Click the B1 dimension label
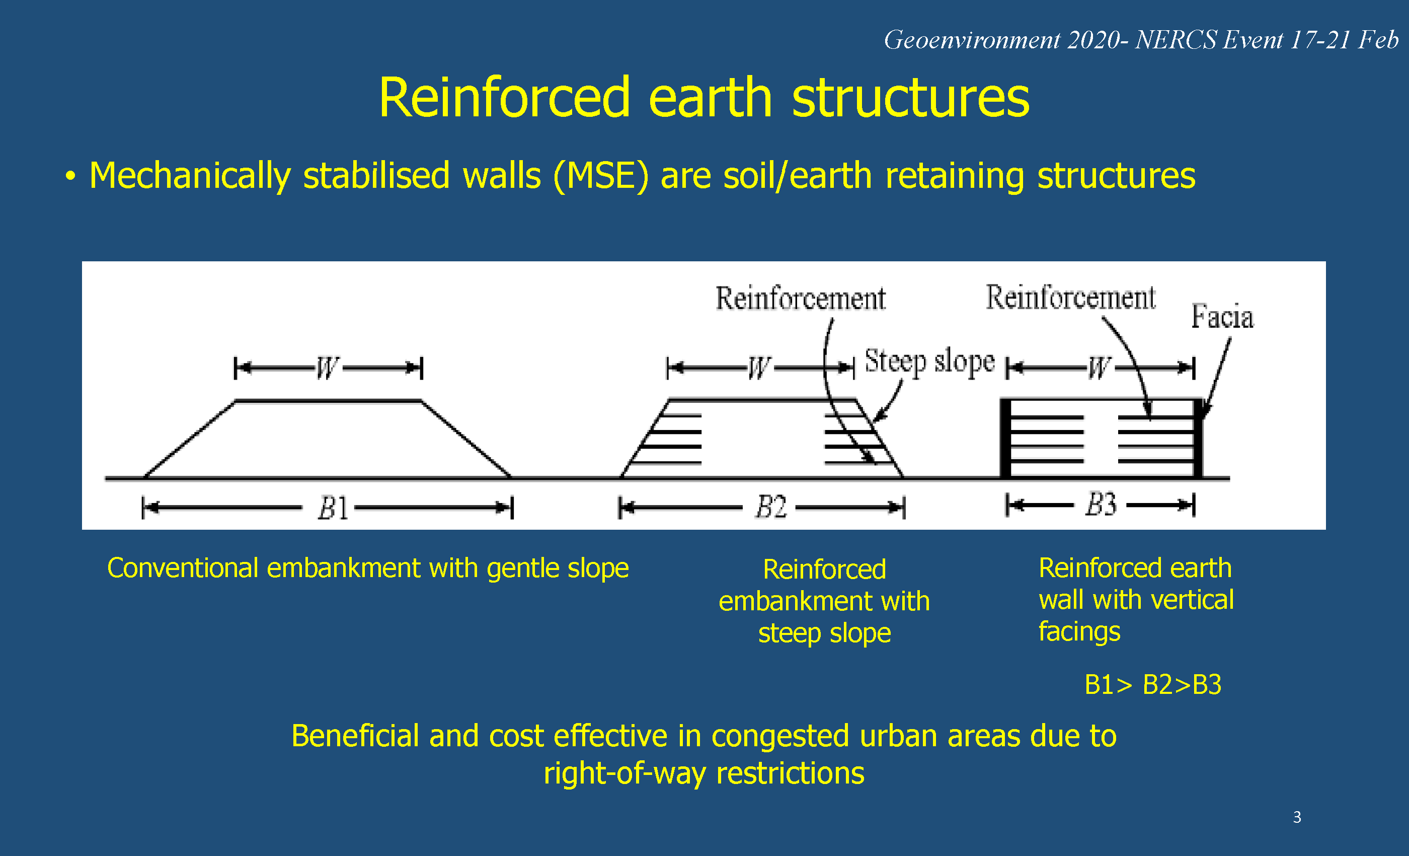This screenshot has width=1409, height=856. (333, 508)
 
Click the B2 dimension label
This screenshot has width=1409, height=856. (771, 507)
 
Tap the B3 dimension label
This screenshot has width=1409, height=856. (1101, 505)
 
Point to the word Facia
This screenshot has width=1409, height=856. (1222, 316)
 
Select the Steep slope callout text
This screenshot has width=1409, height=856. (930, 362)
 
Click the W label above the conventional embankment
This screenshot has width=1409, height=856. (327, 368)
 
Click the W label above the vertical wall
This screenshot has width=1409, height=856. (1099, 368)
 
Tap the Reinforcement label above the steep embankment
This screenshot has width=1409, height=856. (801, 299)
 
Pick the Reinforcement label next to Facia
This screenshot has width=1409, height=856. (1070, 298)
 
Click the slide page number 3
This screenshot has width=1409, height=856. (1297, 817)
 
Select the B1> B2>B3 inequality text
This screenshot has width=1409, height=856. (1153, 685)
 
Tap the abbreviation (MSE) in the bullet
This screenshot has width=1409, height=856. (600, 176)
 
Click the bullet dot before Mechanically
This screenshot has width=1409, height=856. (70, 176)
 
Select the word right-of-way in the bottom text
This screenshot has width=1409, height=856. (624, 773)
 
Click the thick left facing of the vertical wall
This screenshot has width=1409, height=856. (1005, 438)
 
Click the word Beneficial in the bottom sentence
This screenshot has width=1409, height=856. (355, 736)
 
